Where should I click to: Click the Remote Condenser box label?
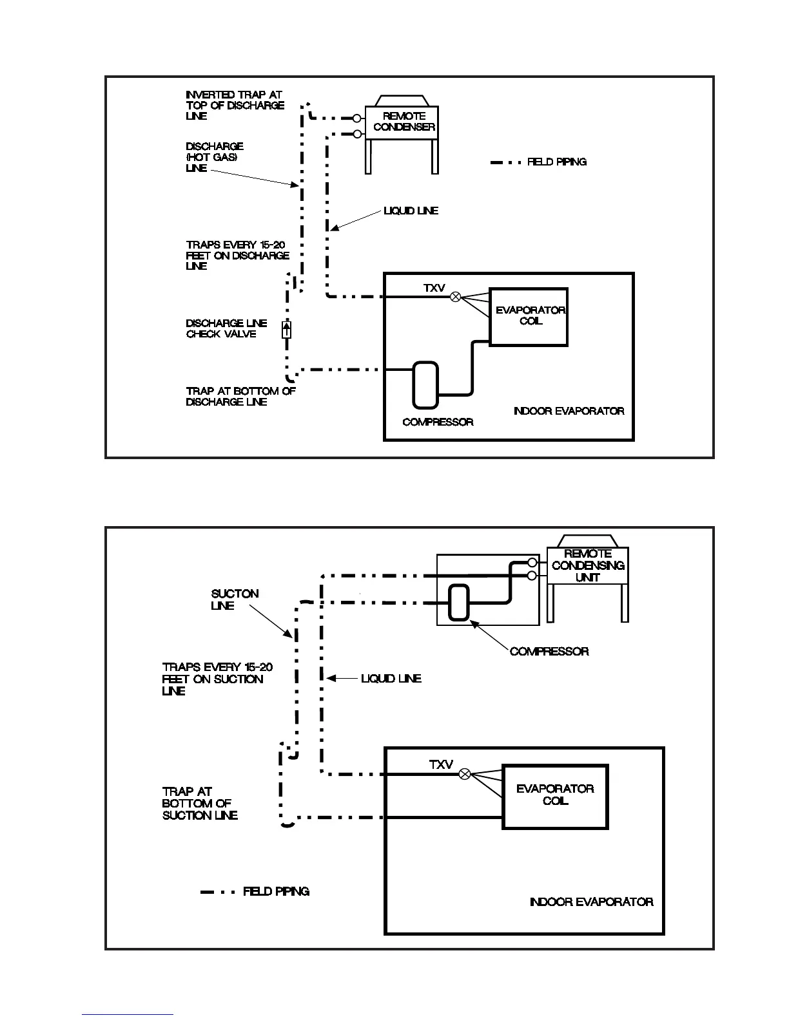pos(404,122)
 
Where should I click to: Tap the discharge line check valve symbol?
pos(287,330)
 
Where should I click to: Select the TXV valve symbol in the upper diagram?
pos(455,297)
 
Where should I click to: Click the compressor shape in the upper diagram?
pos(425,384)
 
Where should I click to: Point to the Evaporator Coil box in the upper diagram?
pos(529,316)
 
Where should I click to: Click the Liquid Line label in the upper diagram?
pos(411,211)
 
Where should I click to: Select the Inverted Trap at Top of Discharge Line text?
pos(235,105)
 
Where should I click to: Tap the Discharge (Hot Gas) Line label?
pos(215,157)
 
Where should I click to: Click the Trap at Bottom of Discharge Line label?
pos(240,396)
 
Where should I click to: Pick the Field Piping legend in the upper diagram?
pos(556,162)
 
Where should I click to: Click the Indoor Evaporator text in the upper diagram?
pos(569,411)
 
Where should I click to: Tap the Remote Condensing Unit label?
pos(588,565)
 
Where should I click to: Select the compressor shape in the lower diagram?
pos(458,602)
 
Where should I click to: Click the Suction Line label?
pos(235,599)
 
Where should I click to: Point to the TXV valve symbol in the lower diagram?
pos(465,774)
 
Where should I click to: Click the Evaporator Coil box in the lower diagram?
pos(555,796)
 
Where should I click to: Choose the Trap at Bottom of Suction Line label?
pos(200,803)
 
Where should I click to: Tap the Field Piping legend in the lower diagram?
pos(276,892)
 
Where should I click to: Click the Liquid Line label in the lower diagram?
pos(391,678)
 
